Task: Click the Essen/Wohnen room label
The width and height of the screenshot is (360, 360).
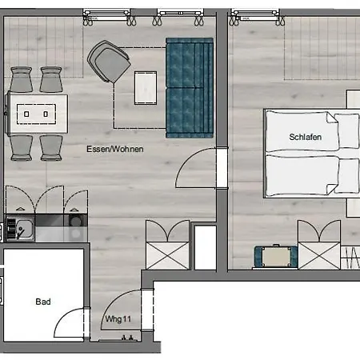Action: pos(115,149)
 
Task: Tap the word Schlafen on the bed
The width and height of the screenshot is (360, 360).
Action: pos(306,137)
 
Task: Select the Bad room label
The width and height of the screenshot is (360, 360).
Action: pos(43,302)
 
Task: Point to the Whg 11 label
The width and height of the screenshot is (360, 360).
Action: pos(118,319)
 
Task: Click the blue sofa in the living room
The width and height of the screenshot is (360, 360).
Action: pos(190,88)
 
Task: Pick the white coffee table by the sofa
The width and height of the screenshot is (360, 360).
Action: pos(146,88)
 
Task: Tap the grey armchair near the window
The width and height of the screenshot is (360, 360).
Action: pos(109,62)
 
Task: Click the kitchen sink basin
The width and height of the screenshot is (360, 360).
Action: pos(25,229)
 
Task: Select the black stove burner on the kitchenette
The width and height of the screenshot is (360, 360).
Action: pos(75,221)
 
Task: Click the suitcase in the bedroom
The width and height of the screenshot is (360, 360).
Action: pos(276,257)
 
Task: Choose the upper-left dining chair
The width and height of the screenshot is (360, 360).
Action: pos(22,79)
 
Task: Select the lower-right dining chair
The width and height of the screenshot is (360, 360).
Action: pos(51,148)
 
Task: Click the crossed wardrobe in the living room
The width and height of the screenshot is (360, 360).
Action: pos(167,255)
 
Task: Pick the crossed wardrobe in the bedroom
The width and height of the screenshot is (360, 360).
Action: pos(319,255)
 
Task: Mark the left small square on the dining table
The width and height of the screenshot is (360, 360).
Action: pos(26,114)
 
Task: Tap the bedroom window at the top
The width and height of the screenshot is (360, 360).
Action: pos(255,14)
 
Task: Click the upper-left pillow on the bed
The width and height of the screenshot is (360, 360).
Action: pos(346,130)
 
